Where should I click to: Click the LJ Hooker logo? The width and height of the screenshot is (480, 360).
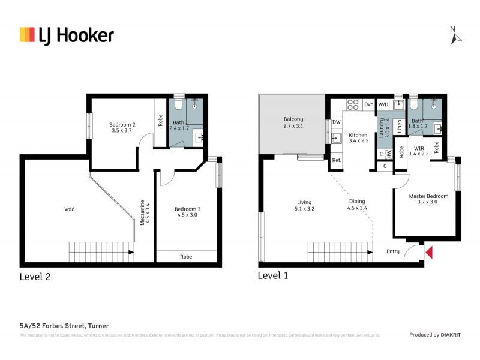pos(66,35)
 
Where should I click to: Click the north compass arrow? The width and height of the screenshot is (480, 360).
pos(457,37)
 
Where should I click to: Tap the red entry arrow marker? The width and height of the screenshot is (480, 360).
pos(428,253)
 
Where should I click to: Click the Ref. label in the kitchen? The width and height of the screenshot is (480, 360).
pos(336,160)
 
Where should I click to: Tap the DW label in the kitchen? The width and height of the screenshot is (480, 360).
pos(336,122)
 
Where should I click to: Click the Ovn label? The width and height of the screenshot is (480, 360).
pos(369,104)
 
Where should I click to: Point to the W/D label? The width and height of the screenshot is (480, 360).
pos(383,104)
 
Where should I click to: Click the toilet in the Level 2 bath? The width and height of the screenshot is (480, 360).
pos(177,106)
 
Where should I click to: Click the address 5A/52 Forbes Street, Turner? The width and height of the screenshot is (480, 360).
pos(64,325)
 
